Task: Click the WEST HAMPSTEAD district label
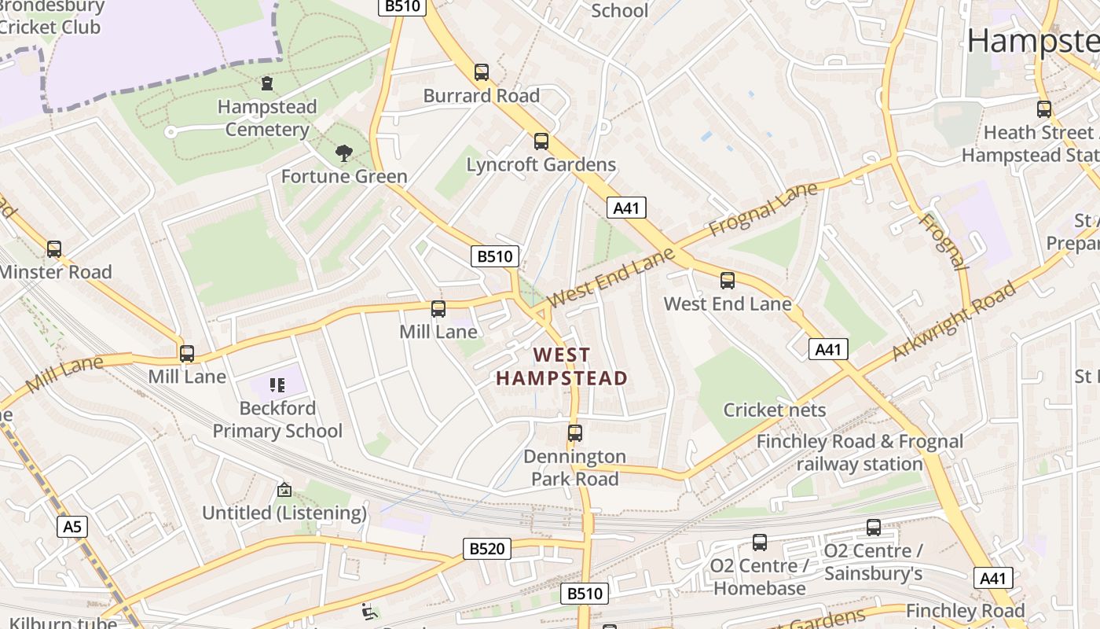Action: point(561,366)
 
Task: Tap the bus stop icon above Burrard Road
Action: point(482,72)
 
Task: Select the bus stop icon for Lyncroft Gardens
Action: point(541,142)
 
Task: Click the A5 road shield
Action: point(71,526)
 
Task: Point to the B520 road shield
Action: point(486,548)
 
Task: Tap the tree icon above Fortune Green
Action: point(343,153)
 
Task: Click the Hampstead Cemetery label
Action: point(267,118)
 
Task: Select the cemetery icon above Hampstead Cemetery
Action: point(267,83)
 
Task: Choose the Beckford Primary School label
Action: point(277,420)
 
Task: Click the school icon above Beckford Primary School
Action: point(277,384)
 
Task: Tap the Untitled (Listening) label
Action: point(284,513)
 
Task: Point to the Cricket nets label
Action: point(775,410)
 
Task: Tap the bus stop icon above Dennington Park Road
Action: point(575,432)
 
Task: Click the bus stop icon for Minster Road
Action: point(54,249)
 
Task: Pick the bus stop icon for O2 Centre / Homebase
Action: point(760,542)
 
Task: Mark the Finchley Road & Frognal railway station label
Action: point(860,453)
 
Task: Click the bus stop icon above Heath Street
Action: point(1044,109)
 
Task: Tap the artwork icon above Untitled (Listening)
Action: point(284,490)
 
